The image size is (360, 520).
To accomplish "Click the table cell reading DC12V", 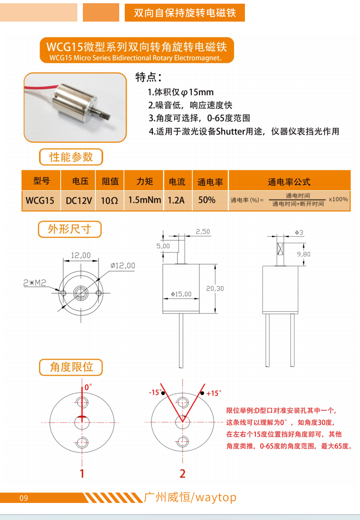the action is point(79,200).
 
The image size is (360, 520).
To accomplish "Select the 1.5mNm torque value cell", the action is point(144,200).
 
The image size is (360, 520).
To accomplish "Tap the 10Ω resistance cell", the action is point(110,200).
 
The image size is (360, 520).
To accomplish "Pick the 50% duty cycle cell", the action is point(207,200).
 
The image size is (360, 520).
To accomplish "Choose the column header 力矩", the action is point(145,181).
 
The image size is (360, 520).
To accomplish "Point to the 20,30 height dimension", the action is point(215,289).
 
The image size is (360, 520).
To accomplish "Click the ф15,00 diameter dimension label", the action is point(181,294).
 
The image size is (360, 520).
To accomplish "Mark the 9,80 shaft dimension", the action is point(303,254).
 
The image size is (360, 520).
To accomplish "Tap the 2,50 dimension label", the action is point(203,231).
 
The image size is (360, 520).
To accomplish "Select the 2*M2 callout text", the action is point(35,283).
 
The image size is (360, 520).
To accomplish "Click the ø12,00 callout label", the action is point(123,265).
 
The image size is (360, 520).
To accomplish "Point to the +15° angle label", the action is point(214,393).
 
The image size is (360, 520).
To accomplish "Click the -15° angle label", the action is point(155,392).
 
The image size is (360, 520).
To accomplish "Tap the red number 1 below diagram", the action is point(82,473).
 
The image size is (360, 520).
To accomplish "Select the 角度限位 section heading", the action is point(71,367).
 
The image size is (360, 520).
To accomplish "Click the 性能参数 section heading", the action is point(71,157).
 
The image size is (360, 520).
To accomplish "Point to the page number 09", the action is point(23,498).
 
